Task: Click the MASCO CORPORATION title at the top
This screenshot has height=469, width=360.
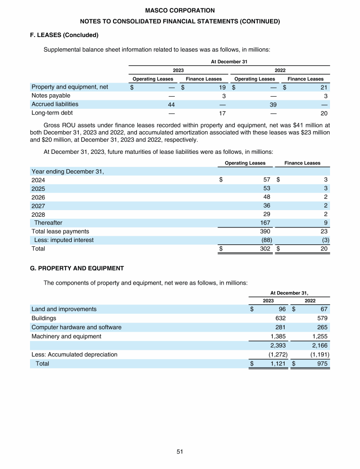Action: [180, 10]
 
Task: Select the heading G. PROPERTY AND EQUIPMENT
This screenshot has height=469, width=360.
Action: [77, 268]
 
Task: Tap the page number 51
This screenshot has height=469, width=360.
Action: [180, 452]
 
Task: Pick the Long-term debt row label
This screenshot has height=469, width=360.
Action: [52, 113]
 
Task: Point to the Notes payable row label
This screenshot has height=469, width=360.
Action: [51, 96]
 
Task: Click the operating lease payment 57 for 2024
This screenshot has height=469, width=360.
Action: [266, 180]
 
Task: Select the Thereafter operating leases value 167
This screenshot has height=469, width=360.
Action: [264, 223]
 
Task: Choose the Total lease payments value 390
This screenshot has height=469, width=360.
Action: [264, 231]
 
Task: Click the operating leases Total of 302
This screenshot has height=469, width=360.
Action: [264, 249]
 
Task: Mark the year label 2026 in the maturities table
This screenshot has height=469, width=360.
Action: [38, 197]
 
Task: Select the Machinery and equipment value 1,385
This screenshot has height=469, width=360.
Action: [278, 336]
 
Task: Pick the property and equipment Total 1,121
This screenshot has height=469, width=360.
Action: [278, 363]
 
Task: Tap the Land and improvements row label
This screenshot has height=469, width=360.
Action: [64, 309]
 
